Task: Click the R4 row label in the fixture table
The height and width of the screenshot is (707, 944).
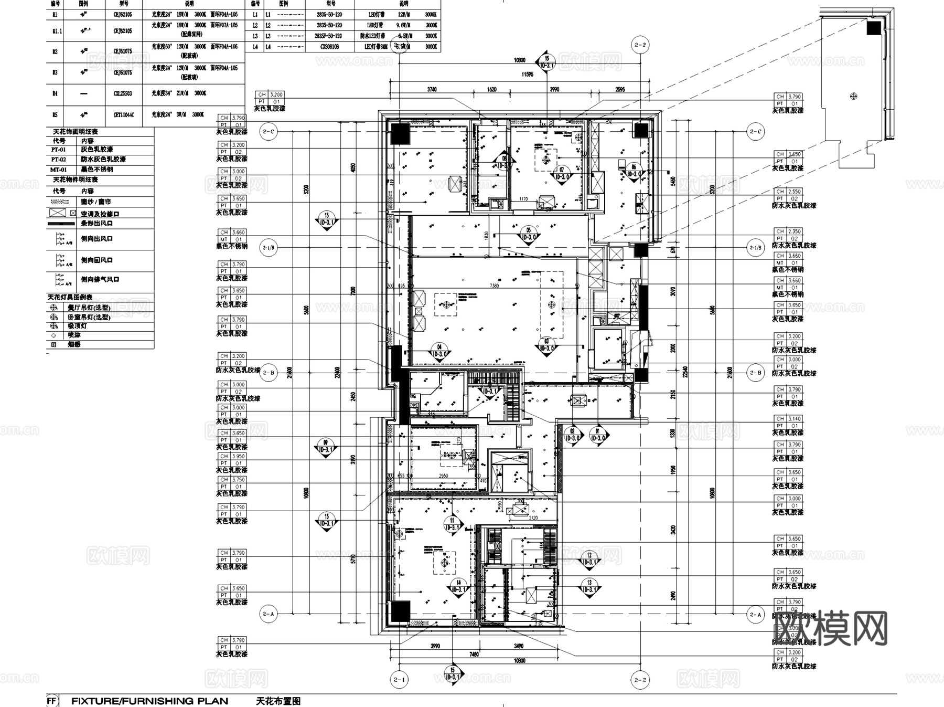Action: pos(55,93)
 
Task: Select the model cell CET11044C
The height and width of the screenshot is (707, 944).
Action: pos(124,114)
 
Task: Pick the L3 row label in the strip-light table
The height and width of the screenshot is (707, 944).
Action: pos(255,36)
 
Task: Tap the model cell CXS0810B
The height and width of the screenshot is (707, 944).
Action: pos(329,47)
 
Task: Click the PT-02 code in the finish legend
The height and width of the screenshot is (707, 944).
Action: pos(59,159)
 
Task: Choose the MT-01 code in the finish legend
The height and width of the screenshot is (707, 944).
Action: pos(59,170)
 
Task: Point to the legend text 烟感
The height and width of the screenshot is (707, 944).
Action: pos(74,344)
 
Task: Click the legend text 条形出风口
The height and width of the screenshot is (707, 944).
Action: pos(96,223)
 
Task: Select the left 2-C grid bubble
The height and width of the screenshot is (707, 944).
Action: pos(269,131)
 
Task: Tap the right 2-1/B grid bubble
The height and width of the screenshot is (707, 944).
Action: pos(755,247)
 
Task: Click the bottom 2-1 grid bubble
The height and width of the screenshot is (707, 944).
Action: pos(399,680)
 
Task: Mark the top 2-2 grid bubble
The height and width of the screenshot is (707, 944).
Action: pos(640,45)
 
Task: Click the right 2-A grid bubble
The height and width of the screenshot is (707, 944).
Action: pos(755,614)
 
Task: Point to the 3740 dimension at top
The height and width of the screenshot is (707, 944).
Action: pos(432,89)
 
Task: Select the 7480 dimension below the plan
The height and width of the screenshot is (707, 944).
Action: pos(474,654)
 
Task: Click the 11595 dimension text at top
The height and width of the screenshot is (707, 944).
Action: pos(527,75)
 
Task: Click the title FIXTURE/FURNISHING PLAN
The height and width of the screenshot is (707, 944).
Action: pos(149,701)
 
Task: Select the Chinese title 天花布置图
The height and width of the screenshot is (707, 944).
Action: pos(278,701)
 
